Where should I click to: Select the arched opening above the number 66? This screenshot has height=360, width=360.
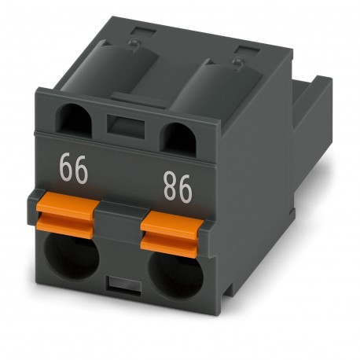(x=77, y=119)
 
